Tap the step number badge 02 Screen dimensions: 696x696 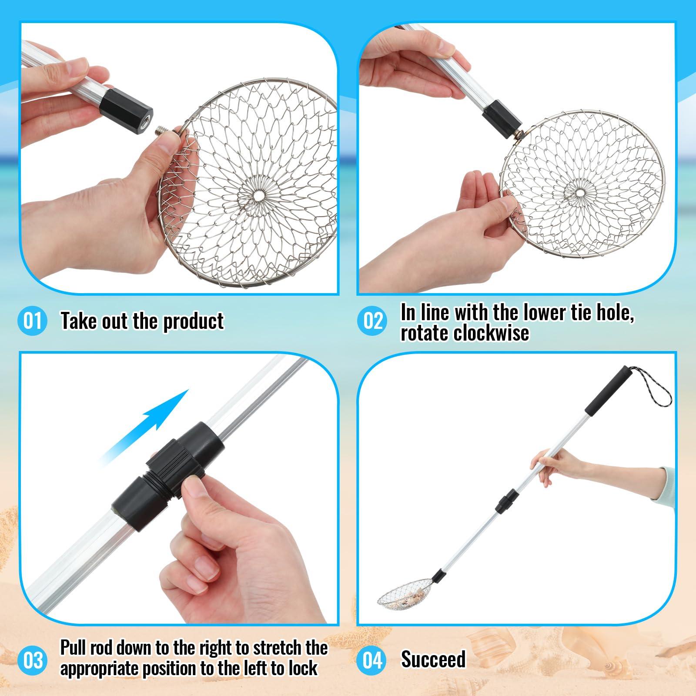372,321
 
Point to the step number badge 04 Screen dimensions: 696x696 372,660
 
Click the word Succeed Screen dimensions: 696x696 433,659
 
